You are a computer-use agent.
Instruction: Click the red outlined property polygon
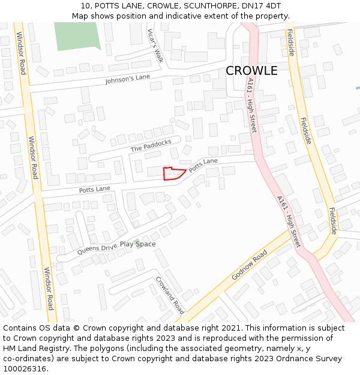coord(172,174)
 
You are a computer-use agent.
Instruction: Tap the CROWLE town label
coord(251,71)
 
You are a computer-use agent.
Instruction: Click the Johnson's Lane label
coord(127,79)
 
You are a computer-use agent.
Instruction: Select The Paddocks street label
coord(151,145)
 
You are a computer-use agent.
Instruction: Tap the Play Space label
coord(137,244)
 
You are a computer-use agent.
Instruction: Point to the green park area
coord(75,35)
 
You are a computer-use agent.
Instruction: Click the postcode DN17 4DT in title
coord(261,6)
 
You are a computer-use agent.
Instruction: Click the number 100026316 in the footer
coord(25,369)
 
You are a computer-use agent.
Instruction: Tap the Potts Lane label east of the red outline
coord(203,166)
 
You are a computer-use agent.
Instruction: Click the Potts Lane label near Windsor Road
coord(95,190)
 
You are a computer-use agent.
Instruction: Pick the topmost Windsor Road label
coord(22,53)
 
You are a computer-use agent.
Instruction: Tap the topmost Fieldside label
coord(290,43)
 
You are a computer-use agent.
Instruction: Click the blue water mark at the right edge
coord(358,88)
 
